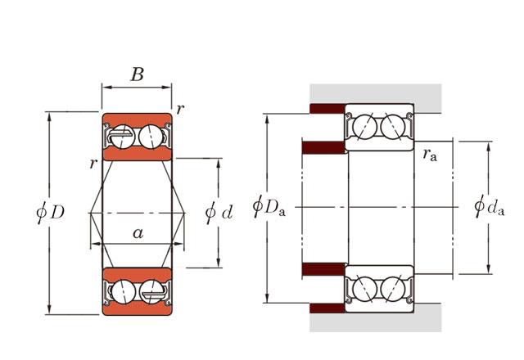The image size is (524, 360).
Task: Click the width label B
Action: pyautogui.click(x=138, y=74)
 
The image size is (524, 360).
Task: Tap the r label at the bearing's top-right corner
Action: pyautogui.click(x=179, y=109)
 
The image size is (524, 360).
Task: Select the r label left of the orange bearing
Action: pyautogui.click(x=93, y=164)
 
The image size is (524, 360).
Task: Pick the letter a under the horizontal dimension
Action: pyautogui.click(x=138, y=233)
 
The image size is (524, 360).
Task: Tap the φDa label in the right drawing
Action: pyautogui.click(x=269, y=205)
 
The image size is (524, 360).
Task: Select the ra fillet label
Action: pyautogui.click(x=430, y=155)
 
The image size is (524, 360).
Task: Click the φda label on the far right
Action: pyautogui.click(x=490, y=206)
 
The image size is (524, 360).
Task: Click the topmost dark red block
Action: pyautogui.click(x=326, y=110)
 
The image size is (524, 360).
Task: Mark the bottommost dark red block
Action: pyautogui.click(x=326, y=308)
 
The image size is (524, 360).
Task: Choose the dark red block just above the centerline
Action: pyautogui.click(x=324, y=148)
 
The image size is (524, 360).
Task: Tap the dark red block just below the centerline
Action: pyautogui.click(x=324, y=270)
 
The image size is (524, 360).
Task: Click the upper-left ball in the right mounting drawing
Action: pyautogui.click(x=365, y=127)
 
